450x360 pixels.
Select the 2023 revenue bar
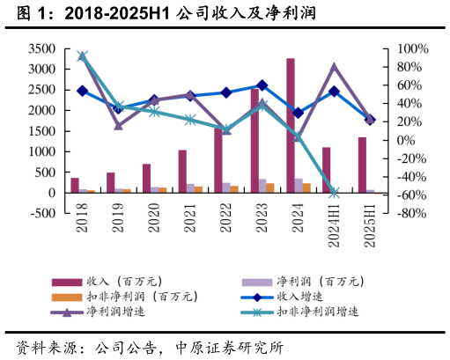pyautogui.click(x=255, y=141)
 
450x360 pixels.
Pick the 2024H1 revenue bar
pyautogui.click(x=326, y=170)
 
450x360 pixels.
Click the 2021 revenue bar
pyautogui.click(x=182, y=171)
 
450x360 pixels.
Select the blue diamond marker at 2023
pyautogui.click(x=262, y=85)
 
